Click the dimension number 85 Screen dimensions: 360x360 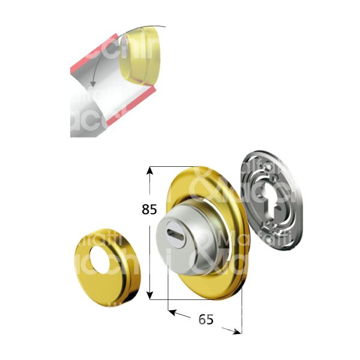click(x=149, y=209)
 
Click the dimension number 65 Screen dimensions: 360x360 click(x=206, y=320)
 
